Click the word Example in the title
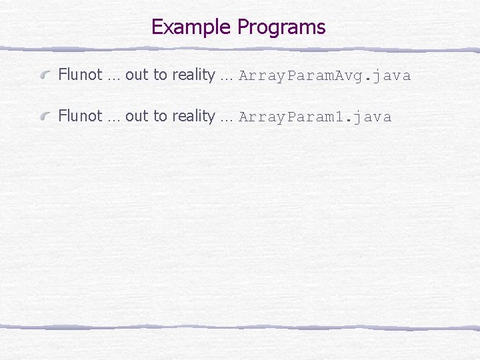pyautogui.click(x=192, y=27)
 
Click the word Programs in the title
pyautogui.click(x=281, y=28)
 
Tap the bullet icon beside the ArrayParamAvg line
pyautogui.click(x=46, y=75)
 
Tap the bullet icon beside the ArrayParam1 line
pyautogui.click(x=46, y=117)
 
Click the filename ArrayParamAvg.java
pyautogui.click(x=325, y=76)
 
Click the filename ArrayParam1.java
pyautogui.click(x=315, y=117)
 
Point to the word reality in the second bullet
pyautogui.click(x=193, y=117)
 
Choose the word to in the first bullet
pyautogui.click(x=160, y=75)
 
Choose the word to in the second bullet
pyautogui.click(x=160, y=117)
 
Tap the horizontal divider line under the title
pyautogui.click(x=240, y=49)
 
